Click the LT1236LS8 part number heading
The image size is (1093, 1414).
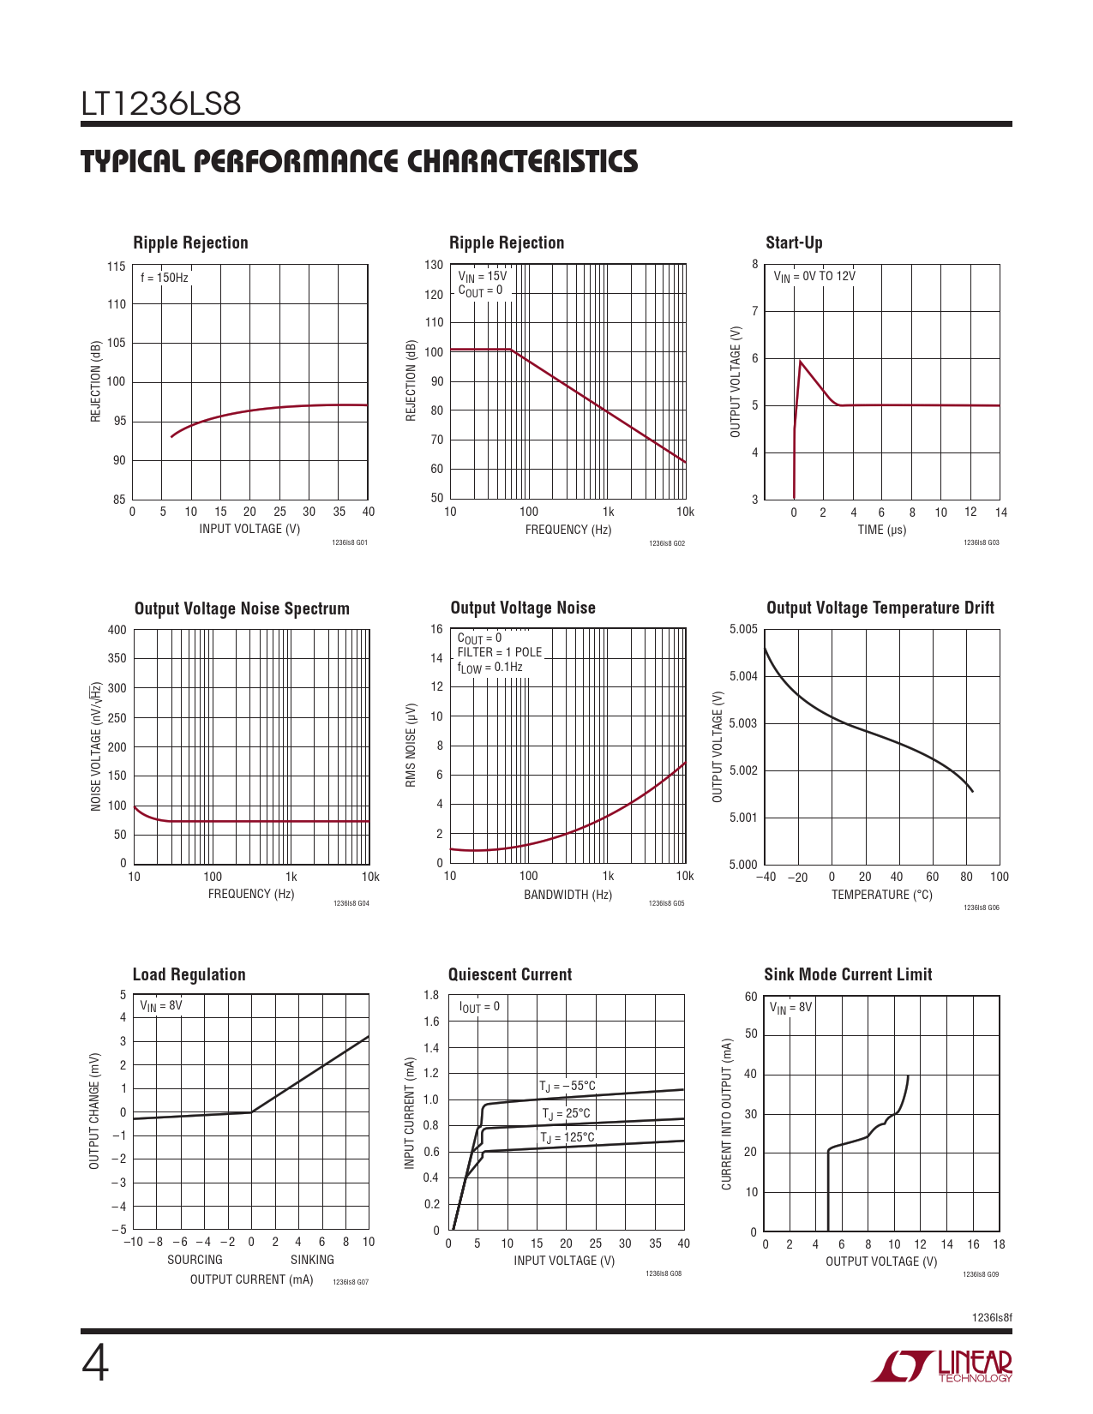(161, 104)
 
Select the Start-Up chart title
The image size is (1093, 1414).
(794, 243)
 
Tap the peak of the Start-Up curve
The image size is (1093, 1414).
(801, 362)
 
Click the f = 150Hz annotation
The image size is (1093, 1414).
(165, 278)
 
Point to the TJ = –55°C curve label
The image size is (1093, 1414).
(568, 1086)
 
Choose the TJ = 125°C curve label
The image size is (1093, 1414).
(567, 1137)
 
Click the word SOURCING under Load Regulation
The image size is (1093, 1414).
(195, 1259)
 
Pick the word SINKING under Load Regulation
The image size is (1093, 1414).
(312, 1259)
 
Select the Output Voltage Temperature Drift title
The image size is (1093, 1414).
(880, 608)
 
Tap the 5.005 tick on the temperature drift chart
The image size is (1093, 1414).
(743, 630)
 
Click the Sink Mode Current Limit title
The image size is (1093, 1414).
(848, 974)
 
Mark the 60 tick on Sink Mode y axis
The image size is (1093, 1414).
(751, 997)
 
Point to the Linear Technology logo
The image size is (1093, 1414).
(942, 1366)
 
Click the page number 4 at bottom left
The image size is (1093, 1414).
(95, 1364)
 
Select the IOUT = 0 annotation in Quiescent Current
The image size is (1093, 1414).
(479, 1007)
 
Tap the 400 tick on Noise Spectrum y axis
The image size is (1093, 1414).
(117, 630)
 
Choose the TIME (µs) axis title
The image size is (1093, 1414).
(881, 530)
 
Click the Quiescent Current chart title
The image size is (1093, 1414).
(509, 974)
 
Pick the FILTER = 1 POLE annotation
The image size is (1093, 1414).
(500, 652)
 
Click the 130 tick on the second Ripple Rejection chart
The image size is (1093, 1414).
(434, 265)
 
